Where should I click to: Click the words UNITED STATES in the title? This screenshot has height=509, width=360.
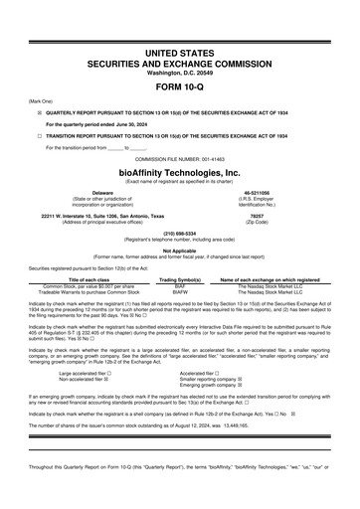[180, 50]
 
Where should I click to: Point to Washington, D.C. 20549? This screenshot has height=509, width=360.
[180, 72]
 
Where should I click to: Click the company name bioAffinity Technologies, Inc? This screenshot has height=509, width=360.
[180, 171]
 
